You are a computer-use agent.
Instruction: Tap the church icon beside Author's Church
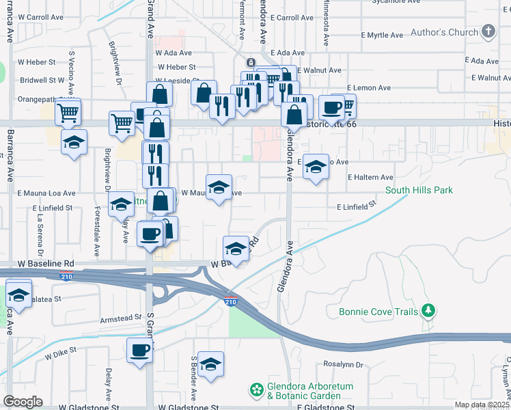(488, 31)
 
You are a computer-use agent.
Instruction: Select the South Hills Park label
(419, 190)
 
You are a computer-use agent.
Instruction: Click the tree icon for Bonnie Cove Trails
(428, 312)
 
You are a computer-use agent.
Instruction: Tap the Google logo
(23, 402)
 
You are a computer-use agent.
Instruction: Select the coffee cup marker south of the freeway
(140, 351)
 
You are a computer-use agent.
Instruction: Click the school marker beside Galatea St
(18, 295)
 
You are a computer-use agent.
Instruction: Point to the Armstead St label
(120, 318)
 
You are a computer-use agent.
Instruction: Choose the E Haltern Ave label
(370, 177)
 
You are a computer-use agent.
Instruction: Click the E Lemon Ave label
(368, 88)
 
